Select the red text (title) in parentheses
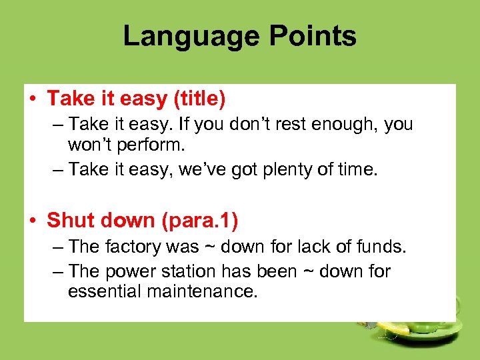pyautogui.click(x=199, y=99)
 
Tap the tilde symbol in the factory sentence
pyautogui.click(x=211, y=247)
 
